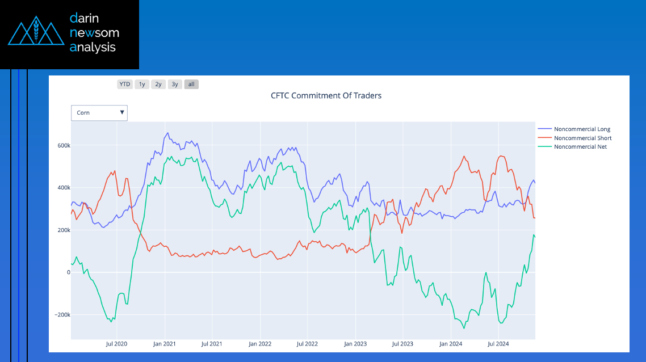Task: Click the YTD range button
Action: pyautogui.click(x=125, y=85)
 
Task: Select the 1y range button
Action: pyautogui.click(x=142, y=85)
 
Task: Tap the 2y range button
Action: pyautogui.click(x=158, y=85)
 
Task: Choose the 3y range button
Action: pyautogui.click(x=175, y=85)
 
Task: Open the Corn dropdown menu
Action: pyautogui.click(x=99, y=113)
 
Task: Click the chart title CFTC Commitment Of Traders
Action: pyautogui.click(x=326, y=95)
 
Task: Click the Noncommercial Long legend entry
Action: pyautogui.click(x=582, y=129)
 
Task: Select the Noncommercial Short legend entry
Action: pyautogui.click(x=582, y=138)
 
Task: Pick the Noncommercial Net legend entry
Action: pyautogui.click(x=580, y=146)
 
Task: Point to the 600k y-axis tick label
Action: pyautogui.click(x=62, y=146)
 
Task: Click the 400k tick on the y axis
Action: pyautogui.click(x=62, y=188)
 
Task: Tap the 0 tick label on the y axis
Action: pyautogui.click(x=68, y=272)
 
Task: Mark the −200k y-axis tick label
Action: pyautogui.click(x=61, y=315)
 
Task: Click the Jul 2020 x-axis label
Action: pyautogui.click(x=116, y=344)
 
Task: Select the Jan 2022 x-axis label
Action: pyautogui.click(x=260, y=344)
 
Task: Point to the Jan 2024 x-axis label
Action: pyautogui.click(x=451, y=344)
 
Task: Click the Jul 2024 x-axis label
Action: pyautogui.click(x=498, y=344)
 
